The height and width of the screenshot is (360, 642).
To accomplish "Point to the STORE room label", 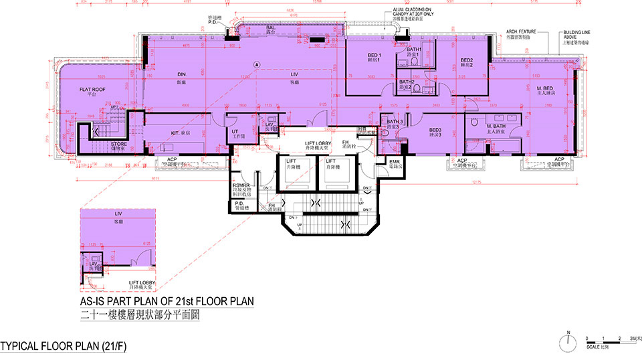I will pos(118,144).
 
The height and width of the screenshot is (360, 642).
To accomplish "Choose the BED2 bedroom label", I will pos(467,62).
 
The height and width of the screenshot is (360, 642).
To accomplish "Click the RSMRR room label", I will pos(241,187).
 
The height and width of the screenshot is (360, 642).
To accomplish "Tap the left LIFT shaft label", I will pos(291,163).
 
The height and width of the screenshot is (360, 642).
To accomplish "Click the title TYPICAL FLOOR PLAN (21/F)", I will pos(64,346).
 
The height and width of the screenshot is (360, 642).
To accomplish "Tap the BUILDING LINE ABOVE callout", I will pos(561,35).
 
